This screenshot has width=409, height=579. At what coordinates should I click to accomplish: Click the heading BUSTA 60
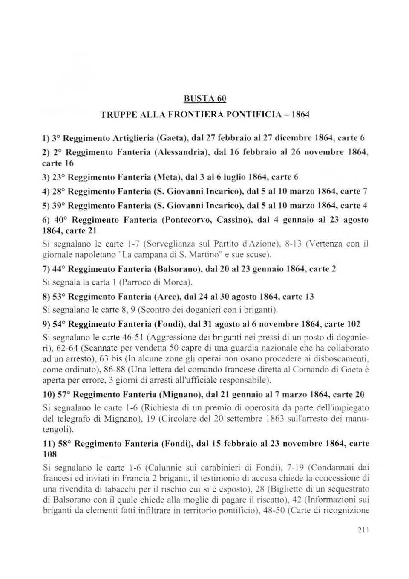204,99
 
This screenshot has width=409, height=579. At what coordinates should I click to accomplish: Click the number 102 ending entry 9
354,324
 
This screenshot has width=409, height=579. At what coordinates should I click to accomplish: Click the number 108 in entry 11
50,454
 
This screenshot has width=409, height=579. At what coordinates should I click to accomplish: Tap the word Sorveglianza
169,244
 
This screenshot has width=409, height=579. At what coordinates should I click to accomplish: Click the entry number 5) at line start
47,206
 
